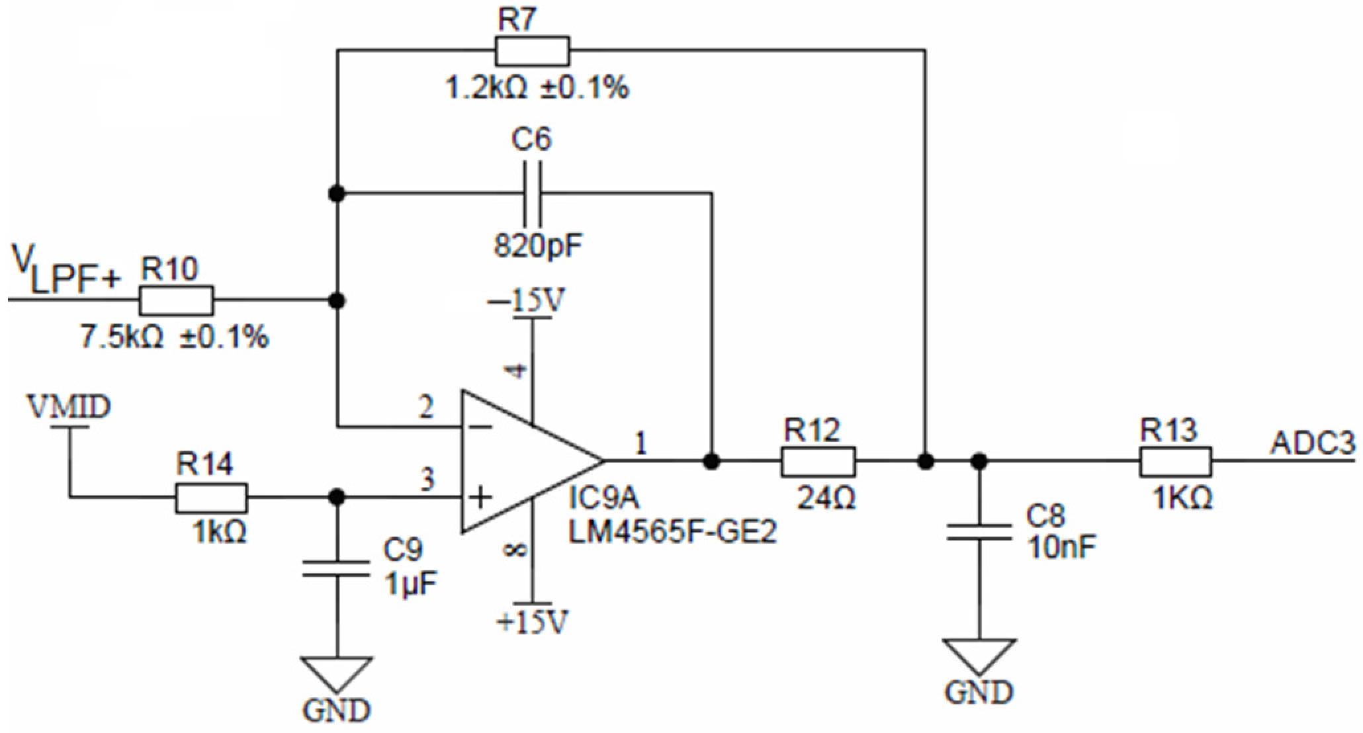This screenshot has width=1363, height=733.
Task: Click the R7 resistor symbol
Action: (x=531, y=51)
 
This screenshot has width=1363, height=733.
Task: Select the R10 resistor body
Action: (x=176, y=300)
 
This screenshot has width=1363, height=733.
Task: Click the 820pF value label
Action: (x=537, y=247)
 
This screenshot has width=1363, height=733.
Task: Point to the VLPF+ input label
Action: (x=66, y=273)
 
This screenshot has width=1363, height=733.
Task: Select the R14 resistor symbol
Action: (x=211, y=497)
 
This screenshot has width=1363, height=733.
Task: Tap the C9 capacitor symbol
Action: (x=336, y=569)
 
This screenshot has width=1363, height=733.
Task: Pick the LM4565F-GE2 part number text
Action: (x=672, y=533)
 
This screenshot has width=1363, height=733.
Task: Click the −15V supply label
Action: (x=527, y=302)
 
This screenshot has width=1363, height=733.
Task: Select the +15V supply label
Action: (x=533, y=622)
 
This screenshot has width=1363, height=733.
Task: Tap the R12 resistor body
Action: (x=818, y=461)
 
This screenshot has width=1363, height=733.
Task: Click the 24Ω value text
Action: (x=826, y=497)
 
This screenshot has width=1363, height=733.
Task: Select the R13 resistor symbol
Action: (x=1175, y=461)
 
